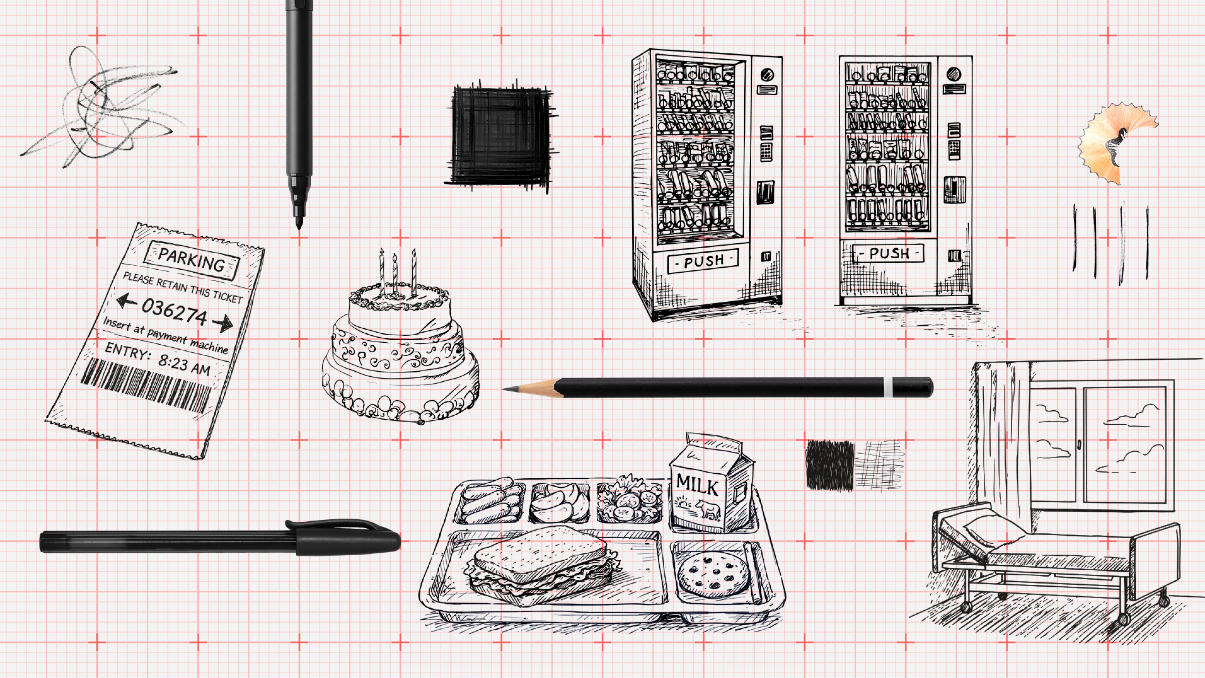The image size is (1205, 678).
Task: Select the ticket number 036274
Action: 174,311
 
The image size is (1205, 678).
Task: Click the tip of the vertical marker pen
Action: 299,225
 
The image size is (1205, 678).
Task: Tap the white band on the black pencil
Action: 888,387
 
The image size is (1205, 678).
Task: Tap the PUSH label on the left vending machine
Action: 704,261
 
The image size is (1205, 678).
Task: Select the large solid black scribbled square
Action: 501,136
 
